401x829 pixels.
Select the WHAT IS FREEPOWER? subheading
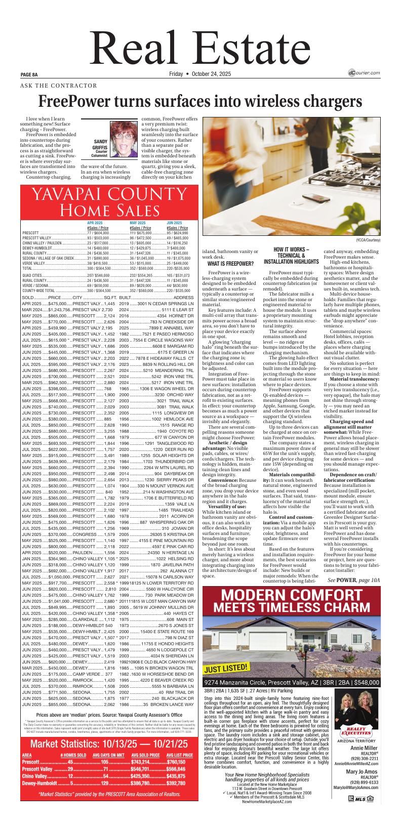click(x=230, y=264)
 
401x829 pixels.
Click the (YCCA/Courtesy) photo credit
click(x=368, y=240)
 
